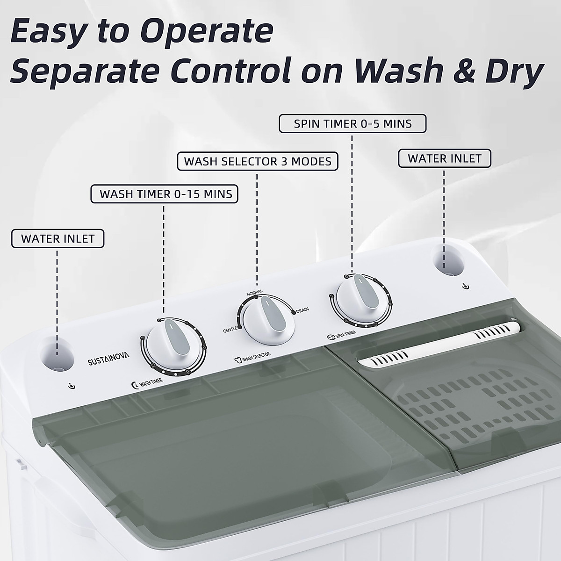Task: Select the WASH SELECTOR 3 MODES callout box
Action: point(258,161)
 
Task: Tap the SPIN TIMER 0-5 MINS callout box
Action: point(352,124)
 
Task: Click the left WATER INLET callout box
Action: point(58,238)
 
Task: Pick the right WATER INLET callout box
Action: point(445,158)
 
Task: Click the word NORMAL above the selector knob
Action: point(254,293)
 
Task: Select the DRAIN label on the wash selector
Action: point(302,309)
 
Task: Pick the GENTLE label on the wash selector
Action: point(230,330)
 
